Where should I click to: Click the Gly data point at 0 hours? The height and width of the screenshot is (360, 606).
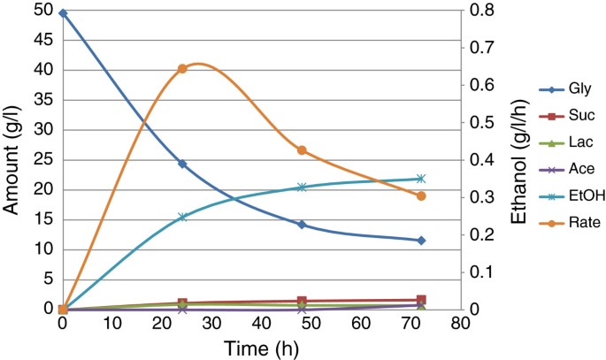[63, 13]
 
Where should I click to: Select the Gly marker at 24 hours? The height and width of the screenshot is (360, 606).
[182, 164]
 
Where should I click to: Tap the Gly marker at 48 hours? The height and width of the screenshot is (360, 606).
[302, 225]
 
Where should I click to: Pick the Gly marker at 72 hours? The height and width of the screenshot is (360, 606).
[421, 241]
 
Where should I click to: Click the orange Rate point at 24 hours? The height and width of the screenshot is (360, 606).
[182, 69]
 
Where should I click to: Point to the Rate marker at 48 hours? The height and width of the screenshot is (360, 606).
[302, 150]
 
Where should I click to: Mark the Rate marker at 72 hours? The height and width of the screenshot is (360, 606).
[421, 195]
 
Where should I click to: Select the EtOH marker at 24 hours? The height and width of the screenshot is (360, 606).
[182, 217]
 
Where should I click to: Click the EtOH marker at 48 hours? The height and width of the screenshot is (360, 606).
[302, 188]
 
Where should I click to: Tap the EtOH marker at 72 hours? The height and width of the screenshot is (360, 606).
[421, 179]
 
